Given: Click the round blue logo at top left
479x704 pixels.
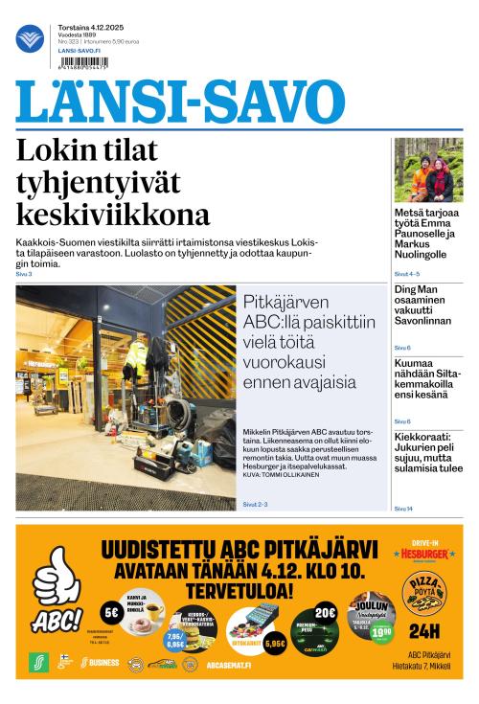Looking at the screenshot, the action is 30,39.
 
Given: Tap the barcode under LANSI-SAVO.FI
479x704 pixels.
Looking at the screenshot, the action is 82,64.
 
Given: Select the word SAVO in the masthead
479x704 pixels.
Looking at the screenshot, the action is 278,102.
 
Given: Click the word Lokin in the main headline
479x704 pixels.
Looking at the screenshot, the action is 54,151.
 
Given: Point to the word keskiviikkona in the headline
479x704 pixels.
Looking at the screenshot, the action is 113,213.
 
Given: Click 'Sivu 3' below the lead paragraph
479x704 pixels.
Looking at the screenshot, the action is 24,274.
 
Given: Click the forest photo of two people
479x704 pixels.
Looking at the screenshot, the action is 428,170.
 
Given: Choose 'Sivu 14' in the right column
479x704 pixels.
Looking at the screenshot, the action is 404,508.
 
